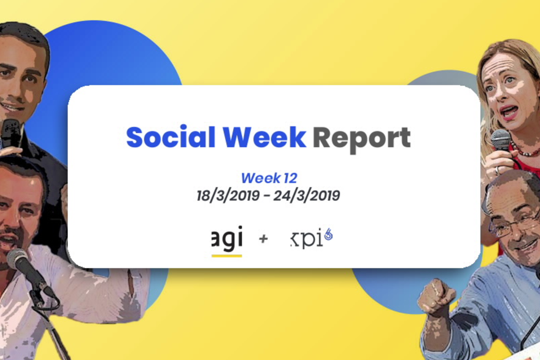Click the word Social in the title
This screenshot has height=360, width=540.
point(170,137)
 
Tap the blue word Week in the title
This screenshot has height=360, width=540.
point(265,137)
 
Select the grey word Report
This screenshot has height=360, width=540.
point(361,139)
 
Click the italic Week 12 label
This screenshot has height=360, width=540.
point(269,178)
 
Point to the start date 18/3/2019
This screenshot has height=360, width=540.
point(228,195)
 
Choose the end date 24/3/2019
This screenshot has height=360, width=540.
point(307,195)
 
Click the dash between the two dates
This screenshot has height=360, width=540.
point(266,196)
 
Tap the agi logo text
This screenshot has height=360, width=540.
point(227,238)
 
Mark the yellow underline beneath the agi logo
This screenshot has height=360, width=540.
point(227,256)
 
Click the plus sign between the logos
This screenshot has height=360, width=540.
point(263,239)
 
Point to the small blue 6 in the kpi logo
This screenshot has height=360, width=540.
point(328,234)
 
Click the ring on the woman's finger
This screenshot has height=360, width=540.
point(497,170)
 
